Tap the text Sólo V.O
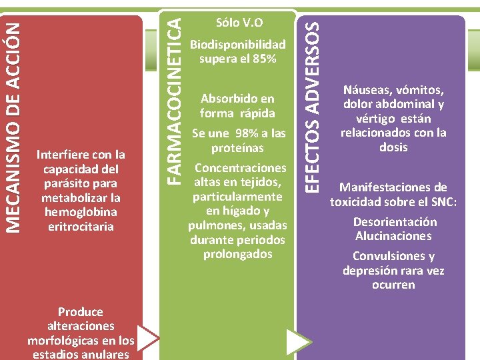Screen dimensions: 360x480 click(x=239, y=23)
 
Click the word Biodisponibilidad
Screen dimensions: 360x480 click(x=238, y=45)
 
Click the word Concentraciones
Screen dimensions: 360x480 click(x=239, y=167)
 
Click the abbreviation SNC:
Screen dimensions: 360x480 click(x=443, y=201)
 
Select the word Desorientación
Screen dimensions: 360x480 click(x=395, y=222)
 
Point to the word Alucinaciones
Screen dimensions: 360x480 click(x=393, y=236)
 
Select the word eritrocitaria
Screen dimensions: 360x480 click(x=81, y=227)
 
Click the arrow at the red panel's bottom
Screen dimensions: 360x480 click(x=148, y=338)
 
